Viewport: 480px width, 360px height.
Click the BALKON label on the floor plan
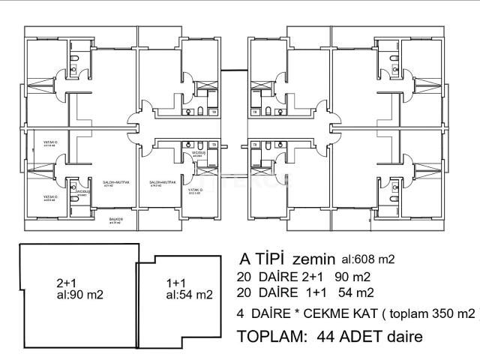coord(115,220)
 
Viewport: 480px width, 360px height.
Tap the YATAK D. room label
coord(197,190)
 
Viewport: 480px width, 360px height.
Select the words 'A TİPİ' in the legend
coord(262,259)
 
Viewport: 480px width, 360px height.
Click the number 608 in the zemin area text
coord(364,260)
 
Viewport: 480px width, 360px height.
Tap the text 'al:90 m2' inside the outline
coord(79,295)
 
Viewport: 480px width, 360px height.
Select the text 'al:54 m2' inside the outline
coord(190,295)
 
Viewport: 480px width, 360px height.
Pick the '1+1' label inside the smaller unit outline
coord(176,283)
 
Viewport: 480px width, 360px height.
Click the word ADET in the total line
coord(361,337)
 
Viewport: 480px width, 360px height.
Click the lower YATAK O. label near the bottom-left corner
coord(50,196)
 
